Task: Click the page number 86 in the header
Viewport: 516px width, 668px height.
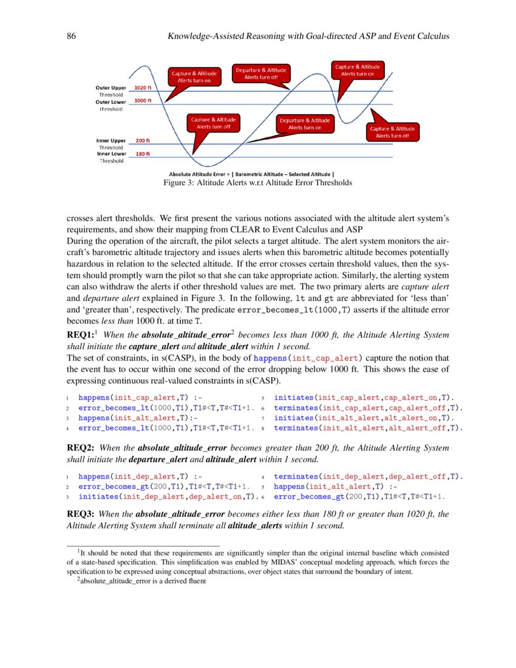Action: tap(70, 36)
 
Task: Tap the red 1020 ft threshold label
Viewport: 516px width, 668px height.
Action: tap(143, 88)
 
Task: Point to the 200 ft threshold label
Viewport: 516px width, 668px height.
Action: tap(143, 141)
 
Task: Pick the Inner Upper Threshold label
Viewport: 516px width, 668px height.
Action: tap(110, 144)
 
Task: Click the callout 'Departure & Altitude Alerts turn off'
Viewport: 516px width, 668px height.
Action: tap(260, 74)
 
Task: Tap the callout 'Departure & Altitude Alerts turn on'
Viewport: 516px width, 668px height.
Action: tap(304, 124)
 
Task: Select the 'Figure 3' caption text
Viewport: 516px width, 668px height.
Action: tap(257, 183)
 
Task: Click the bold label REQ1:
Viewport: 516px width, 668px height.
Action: tap(82, 335)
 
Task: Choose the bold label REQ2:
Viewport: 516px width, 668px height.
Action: tap(82, 448)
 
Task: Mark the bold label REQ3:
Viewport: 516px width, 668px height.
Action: tap(82, 514)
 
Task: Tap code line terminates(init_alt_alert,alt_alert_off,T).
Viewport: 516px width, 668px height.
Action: tap(368, 428)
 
